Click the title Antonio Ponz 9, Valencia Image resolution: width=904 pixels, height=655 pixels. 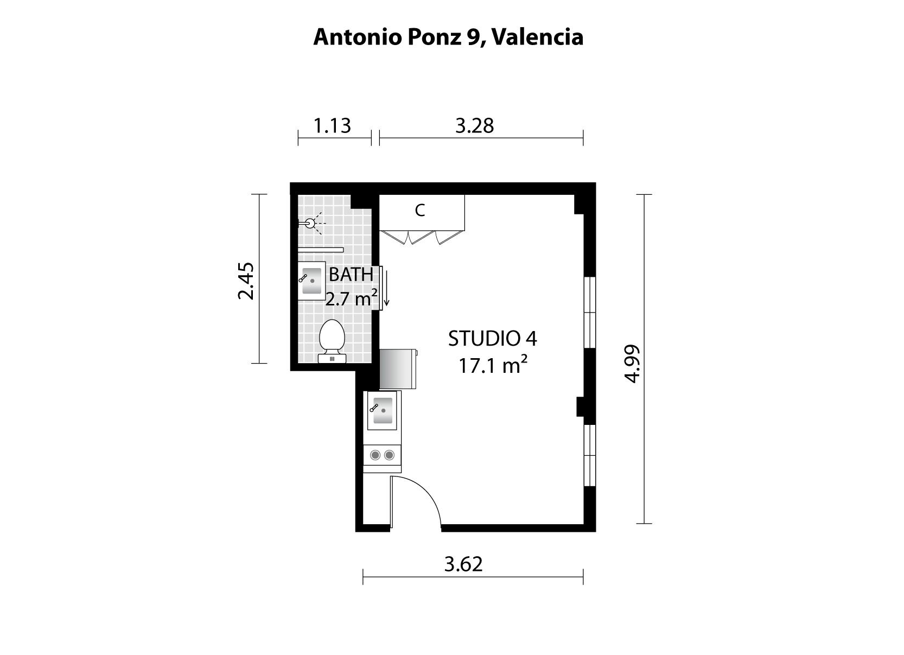point(448,37)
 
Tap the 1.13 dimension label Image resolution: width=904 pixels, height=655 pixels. point(332,125)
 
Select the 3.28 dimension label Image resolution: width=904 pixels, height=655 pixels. point(475,125)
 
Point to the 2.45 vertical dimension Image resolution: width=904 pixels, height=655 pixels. point(246,281)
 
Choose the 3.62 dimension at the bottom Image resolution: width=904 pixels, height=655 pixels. point(463,564)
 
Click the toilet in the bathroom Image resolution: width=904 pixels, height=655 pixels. point(332,341)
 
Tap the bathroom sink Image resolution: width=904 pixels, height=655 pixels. point(311,281)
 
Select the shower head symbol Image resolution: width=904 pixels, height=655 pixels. point(310,223)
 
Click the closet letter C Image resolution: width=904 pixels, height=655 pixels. point(420,210)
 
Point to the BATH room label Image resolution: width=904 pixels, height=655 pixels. point(351,275)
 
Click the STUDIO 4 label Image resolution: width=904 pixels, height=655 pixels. point(492,339)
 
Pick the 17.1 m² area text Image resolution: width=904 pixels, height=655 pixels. point(493,365)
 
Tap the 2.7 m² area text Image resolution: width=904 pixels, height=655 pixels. point(352,298)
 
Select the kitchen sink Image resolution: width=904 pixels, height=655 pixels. point(382,410)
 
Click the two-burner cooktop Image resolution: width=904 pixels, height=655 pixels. point(382,455)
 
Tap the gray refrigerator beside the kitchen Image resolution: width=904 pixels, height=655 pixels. point(398,369)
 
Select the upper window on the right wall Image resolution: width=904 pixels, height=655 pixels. point(590,312)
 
